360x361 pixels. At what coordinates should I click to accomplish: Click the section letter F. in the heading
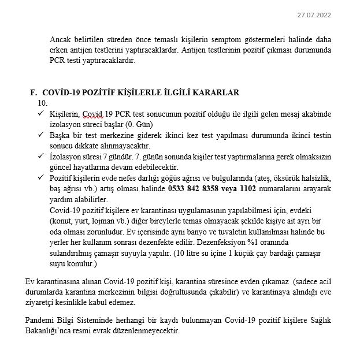[x=33, y=92]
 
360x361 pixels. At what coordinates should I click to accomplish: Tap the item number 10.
[x=42, y=102]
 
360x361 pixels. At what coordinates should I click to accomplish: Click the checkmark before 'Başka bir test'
[x=41, y=135]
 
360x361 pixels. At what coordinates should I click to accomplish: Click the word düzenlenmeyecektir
[x=148, y=331]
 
